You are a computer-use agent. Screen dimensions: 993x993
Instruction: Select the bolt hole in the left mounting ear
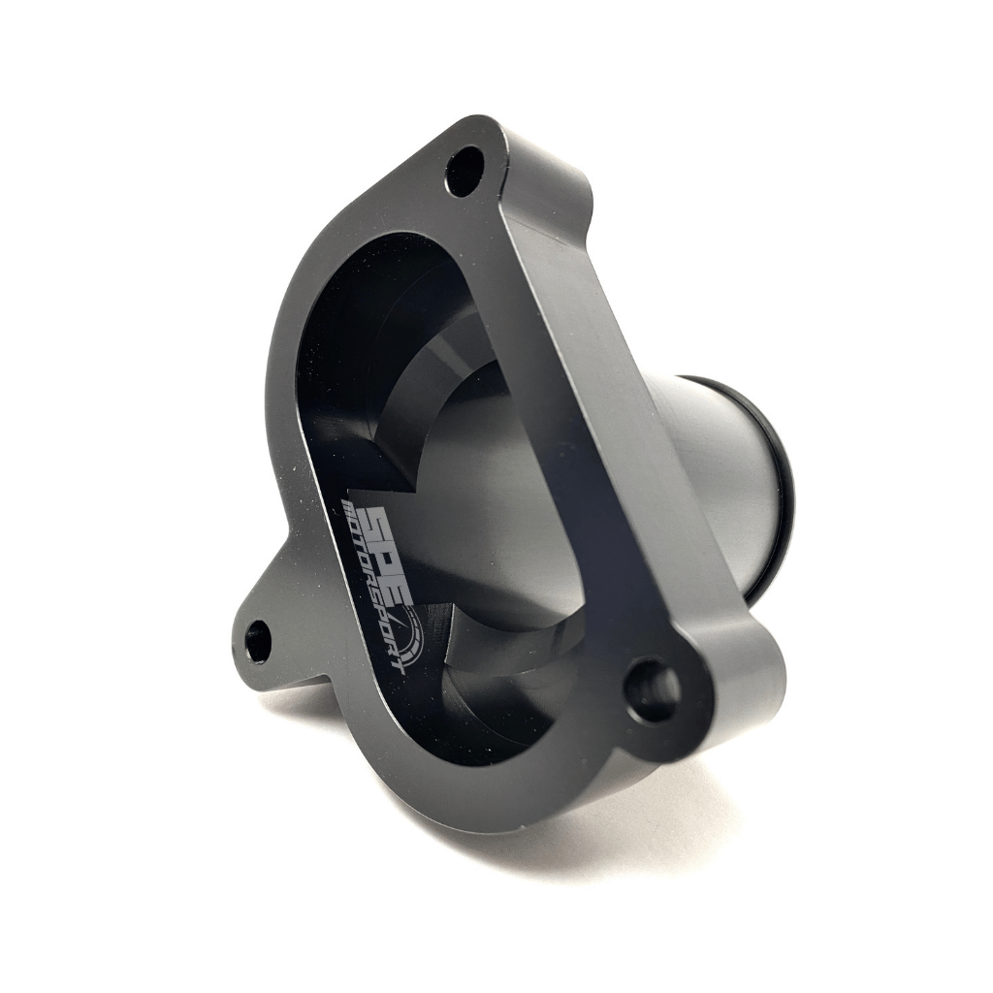click(x=258, y=640)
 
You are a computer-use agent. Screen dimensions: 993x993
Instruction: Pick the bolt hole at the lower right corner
click(x=652, y=689)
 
